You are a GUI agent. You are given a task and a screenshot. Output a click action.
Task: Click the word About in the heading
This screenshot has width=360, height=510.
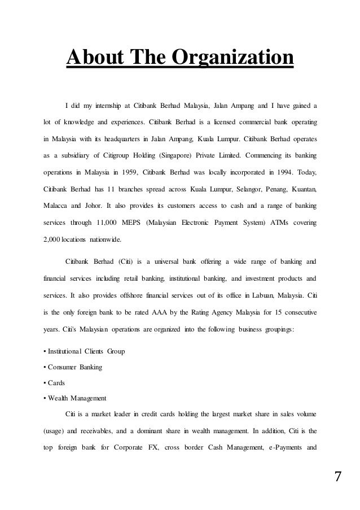pos(96,58)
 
